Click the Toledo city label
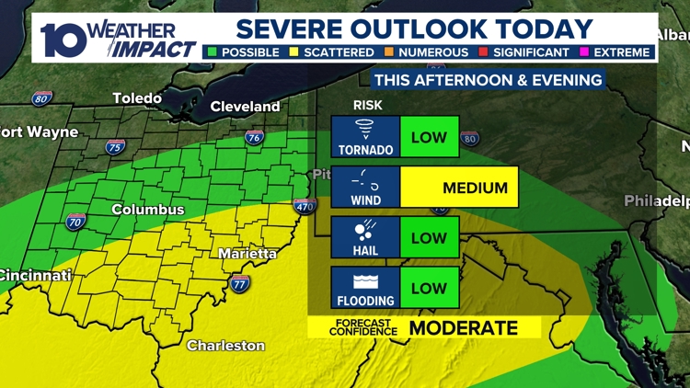tap(137, 97)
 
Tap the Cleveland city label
tap(245, 107)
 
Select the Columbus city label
tap(148, 210)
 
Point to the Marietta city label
tap(247, 253)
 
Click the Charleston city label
tap(225, 346)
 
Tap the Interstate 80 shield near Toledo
tap(42, 98)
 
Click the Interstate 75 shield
tap(114, 147)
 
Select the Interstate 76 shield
tap(254, 139)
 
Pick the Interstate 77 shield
tap(239, 283)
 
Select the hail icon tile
tap(366, 237)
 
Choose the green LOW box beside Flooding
tap(430, 288)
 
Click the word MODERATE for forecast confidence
tap(463, 328)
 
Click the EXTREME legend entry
tap(622, 52)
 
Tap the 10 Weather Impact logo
tap(117, 39)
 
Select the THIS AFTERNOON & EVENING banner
tap(488, 80)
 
